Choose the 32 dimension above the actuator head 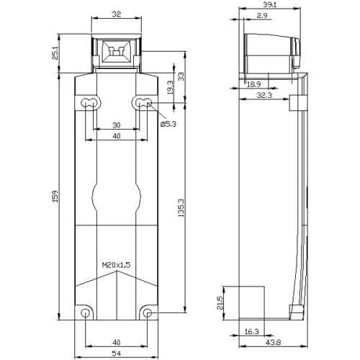point(116,13)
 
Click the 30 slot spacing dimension point(116,125)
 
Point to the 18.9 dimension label point(253,84)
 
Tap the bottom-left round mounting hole point(86,315)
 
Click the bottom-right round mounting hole point(148,315)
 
